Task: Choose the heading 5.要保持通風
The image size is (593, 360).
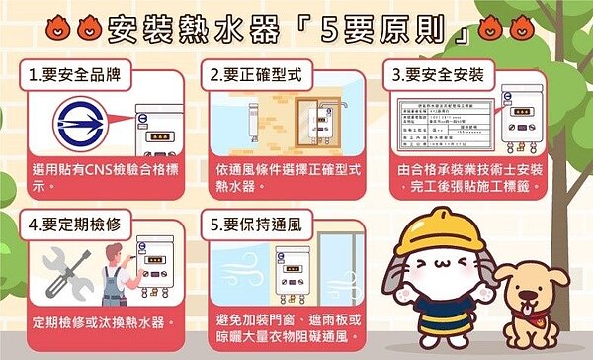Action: (250, 224)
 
